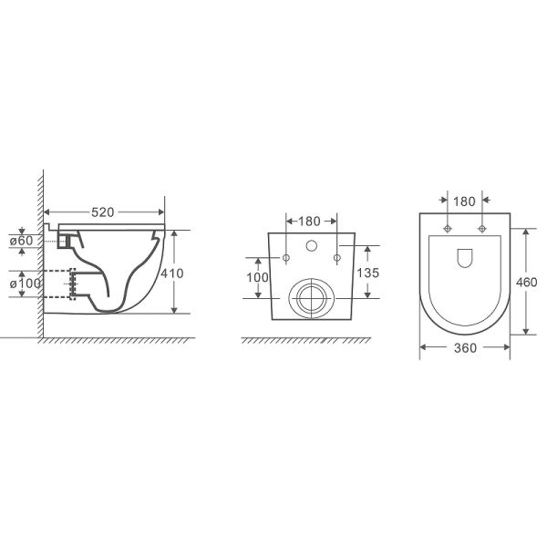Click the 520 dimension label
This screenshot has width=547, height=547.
pyautogui.click(x=102, y=212)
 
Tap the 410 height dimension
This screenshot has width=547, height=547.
pyautogui.click(x=172, y=273)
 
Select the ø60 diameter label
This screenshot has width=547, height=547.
pyautogui.click(x=21, y=241)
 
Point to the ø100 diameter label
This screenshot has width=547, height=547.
pyautogui.click(x=26, y=284)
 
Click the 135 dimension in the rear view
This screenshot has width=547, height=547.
pyautogui.click(x=367, y=273)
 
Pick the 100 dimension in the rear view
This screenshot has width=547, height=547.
pyautogui.click(x=257, y=277)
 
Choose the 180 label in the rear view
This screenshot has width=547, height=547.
pyautogui.click(x=309, y=222)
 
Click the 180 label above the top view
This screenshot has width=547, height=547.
pyautogui.click(x=464, y=201)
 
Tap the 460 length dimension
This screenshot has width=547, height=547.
pyautogui.click(x=526, y=282)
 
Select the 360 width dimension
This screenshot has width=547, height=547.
pyautogui.click(x=465, y=348)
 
